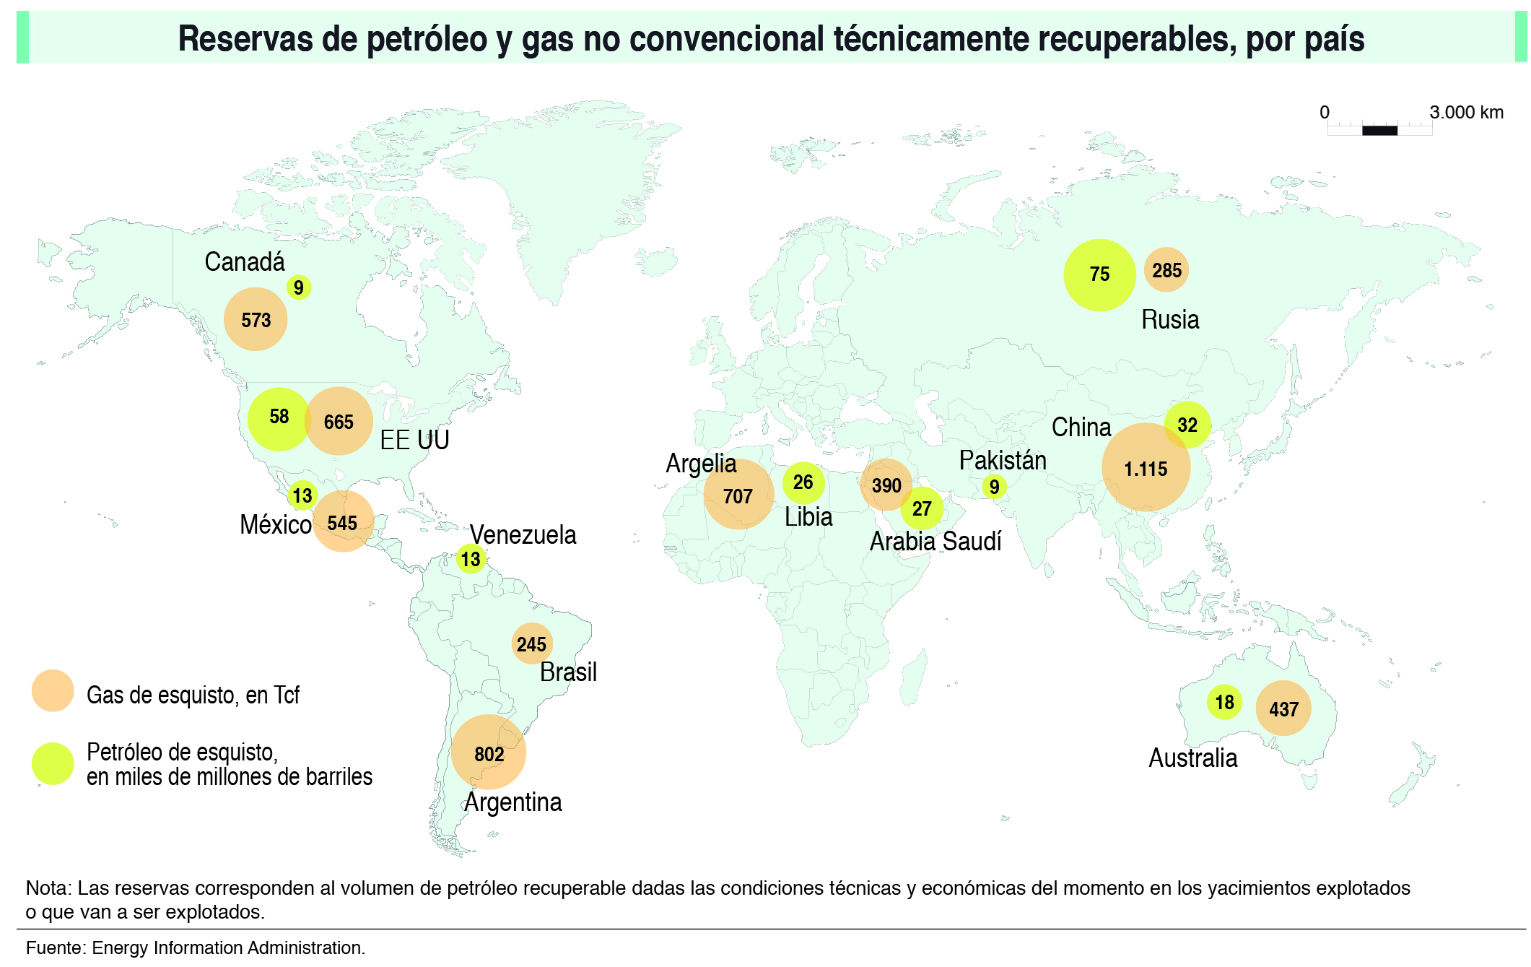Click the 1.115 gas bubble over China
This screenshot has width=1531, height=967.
click(x=1146, y=468)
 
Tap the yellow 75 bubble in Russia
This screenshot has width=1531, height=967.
click(x=1099, y=274)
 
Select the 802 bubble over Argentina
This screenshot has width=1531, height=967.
click(x=489, y=753)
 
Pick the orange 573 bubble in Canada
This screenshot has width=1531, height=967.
click(x=256, y=319)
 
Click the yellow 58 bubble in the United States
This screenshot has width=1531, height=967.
click(x=279, y=417)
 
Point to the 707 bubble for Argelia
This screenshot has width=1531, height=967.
click(x=738, y=495)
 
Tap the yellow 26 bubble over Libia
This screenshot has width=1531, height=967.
click(x=803, y=482)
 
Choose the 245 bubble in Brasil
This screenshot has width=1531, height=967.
click(x=532, y=643)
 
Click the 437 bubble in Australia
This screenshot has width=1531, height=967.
click(x=1283, y=708)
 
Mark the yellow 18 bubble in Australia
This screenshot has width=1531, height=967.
click(x=1224, y=702)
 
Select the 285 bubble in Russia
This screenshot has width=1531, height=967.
click(x=1166, y=270)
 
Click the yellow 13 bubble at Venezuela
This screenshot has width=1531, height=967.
click(x=471, y=558)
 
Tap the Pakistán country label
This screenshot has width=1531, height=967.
click(x=1002, y=460)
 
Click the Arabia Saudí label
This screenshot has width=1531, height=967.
click(x=935, y=541)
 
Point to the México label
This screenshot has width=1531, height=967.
click(x=275, y=524)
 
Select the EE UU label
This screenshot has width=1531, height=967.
click(x=414, y=440)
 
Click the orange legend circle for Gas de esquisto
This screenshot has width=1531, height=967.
click(x=53, y=691)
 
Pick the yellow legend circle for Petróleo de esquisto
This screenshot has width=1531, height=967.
click(x=53, y=763)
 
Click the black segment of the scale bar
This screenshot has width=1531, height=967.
click(x=1379, y=131)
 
